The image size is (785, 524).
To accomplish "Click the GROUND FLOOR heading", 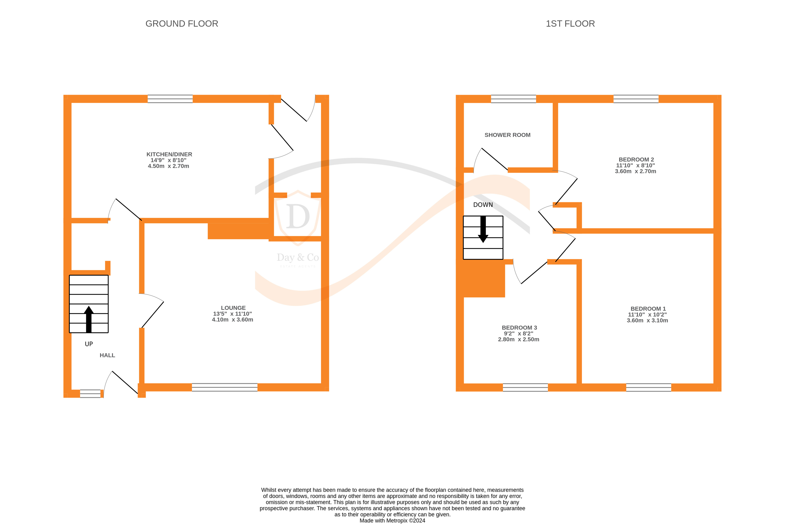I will pos(182,24).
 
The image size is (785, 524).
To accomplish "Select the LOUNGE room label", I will pos(233,308).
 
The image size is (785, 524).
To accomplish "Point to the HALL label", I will pos(107,355).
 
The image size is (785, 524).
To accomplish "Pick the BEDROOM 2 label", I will pos(636,160).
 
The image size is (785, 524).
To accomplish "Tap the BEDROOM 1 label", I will pos(648,309).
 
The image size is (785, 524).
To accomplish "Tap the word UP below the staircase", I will pos(88,344).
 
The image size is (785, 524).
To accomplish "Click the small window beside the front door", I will pos(90,394).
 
